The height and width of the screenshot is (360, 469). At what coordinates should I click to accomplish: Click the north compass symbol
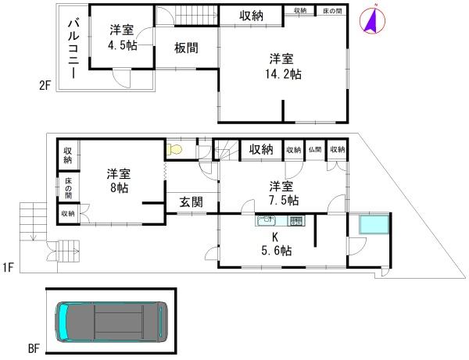[372, 21]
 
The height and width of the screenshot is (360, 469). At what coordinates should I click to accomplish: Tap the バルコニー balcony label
[72, 48]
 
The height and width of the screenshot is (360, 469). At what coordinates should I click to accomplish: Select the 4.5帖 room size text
[121, 45]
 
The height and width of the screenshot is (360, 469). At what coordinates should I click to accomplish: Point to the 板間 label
[186, 48]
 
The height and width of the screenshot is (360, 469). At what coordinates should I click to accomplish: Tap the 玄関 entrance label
[192, 201]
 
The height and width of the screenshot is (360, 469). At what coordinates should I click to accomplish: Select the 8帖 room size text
[119, 188]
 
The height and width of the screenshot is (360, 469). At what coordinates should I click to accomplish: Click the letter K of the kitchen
[275, 237]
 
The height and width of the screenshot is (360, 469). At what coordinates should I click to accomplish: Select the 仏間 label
[315, 150]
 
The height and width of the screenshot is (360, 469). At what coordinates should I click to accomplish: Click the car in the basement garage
[110, 323]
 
